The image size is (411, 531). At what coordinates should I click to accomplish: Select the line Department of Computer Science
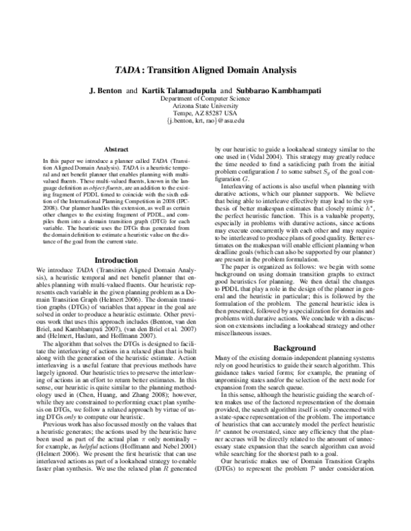click(x=205, y=99)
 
